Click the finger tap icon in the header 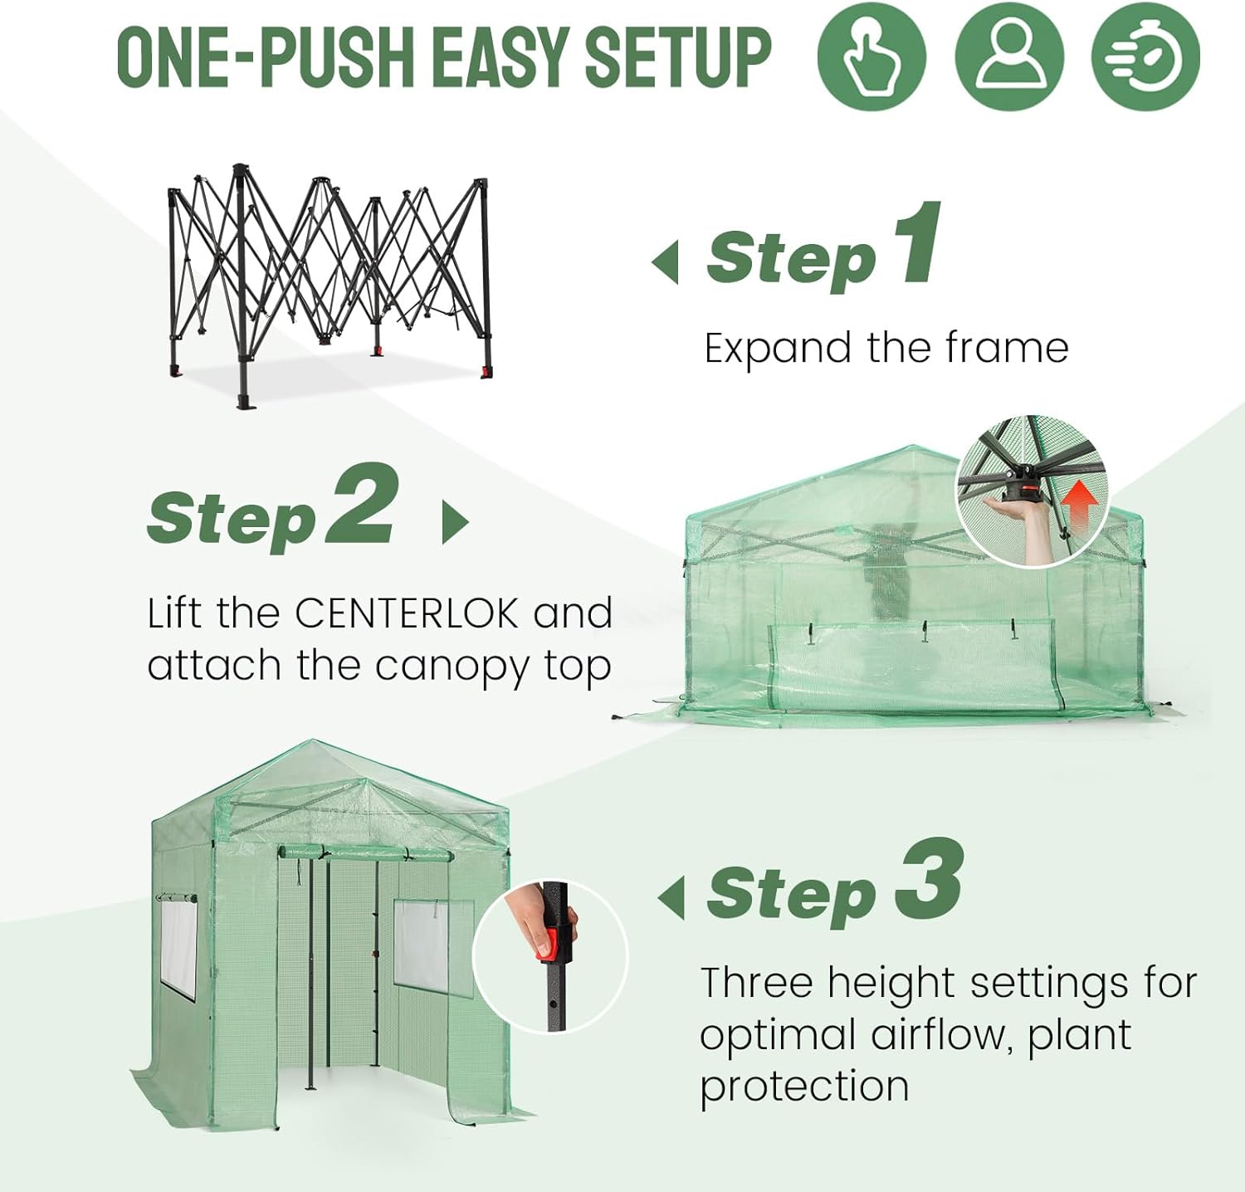(871, 56)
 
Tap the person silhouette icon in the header (1008, 56)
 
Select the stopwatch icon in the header (1145, 56)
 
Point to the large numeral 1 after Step (918, 244)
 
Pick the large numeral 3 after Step (930, 880)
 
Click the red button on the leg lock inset (547, 945)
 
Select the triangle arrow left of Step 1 (666, 262)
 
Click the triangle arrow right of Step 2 (454, 522)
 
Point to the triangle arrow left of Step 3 (671, 897)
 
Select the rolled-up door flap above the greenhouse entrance (365, 853)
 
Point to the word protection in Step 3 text (804, 1087)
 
